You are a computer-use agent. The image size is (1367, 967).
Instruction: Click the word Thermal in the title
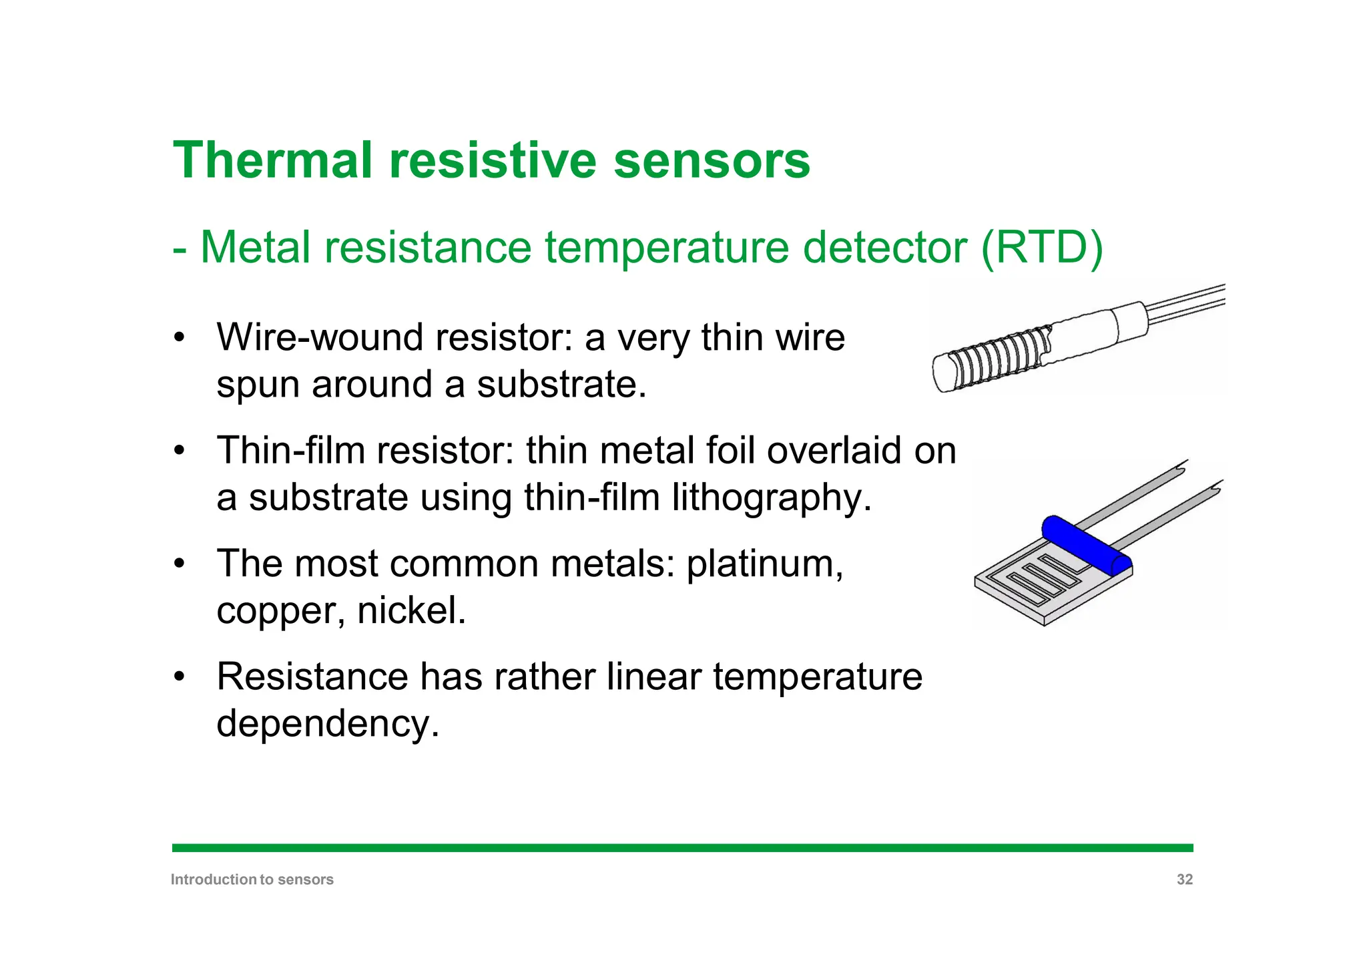point(272,161)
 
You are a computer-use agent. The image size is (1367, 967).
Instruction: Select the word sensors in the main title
point(712,161)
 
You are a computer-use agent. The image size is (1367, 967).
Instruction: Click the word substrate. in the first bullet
point(561,385)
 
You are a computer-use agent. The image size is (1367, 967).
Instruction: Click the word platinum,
point(765,564)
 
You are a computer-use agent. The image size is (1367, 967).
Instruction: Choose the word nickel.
point(411,610)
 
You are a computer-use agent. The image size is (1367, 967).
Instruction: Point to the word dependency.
point(328,724)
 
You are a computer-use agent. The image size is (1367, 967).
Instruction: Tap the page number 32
point(1184,880)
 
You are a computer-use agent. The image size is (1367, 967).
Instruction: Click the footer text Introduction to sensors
point(252,880)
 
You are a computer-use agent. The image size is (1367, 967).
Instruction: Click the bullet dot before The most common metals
point(178,564)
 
